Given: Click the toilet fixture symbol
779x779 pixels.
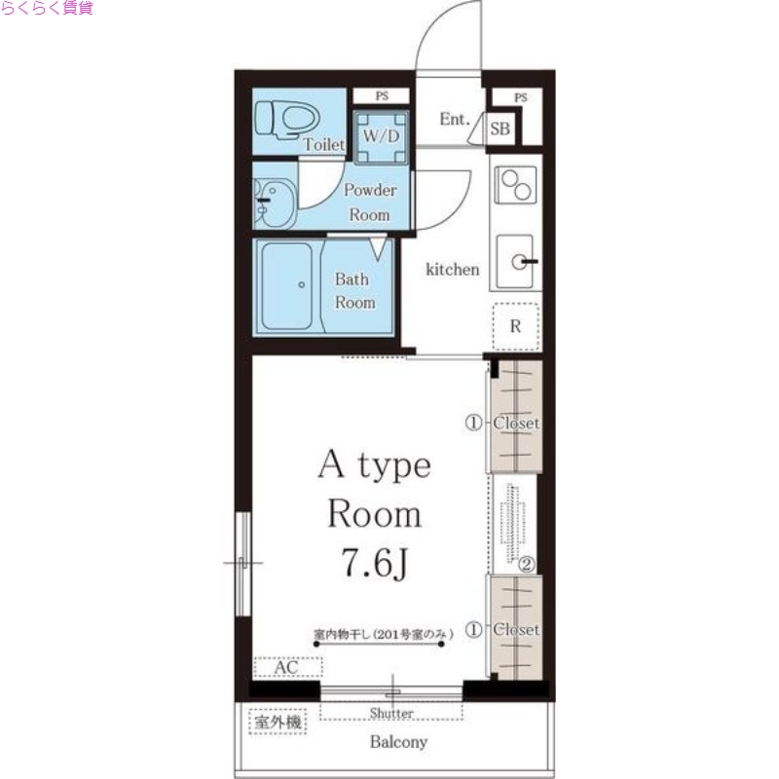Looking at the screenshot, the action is point(286,119).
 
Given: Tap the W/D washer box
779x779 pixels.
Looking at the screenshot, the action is point(381,137).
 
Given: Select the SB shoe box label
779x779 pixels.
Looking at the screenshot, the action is point(501,129).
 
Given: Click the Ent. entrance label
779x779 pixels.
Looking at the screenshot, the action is point(455,119).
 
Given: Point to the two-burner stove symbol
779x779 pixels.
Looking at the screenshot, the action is point(516,185).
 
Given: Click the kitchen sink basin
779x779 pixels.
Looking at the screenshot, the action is point(516,261).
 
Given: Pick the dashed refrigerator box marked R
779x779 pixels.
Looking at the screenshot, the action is point(516,326).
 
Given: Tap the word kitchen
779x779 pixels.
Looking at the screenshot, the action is point(453,270).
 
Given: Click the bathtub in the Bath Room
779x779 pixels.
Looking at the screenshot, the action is point(287,286).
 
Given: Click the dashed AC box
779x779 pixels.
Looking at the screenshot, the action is point(287,667).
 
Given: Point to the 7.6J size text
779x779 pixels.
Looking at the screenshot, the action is point(375,562).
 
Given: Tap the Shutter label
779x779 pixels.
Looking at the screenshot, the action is point(391,713).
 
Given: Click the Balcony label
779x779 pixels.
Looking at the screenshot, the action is point(398,742).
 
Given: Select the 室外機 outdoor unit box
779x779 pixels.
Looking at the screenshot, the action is point(278,722).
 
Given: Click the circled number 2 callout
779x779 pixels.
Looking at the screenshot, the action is point(527,565).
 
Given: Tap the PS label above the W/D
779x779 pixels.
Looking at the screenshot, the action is point(382,95).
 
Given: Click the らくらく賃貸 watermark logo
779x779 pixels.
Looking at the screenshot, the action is point(47,8).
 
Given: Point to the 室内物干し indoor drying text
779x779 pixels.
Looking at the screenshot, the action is point(384,634).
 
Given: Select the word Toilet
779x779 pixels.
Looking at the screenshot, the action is point(324,144).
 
